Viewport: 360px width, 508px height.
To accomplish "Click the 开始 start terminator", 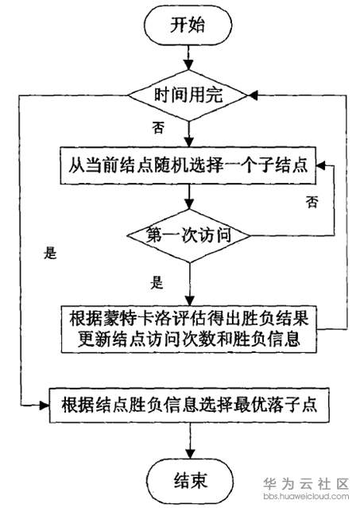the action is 188,25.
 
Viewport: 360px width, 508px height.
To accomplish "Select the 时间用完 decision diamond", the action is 188,95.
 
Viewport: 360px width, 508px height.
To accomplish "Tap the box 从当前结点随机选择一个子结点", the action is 188,165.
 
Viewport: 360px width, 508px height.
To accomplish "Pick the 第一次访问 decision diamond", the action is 189,235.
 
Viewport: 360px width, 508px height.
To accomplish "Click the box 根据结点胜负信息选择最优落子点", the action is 189,405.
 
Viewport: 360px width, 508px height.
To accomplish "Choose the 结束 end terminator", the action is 190,480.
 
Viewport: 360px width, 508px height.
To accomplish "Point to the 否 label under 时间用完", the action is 158,127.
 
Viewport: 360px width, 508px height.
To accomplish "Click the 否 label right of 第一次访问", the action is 312,201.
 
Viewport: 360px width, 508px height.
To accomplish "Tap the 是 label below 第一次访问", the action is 157,282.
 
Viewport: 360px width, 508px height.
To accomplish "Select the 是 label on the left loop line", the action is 50,253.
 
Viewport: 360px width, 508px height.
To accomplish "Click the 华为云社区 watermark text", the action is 306,483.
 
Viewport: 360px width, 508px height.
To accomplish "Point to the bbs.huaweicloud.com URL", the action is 306,496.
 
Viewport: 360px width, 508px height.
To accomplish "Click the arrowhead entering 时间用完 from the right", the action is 253,95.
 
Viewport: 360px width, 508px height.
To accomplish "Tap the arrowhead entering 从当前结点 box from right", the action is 320,165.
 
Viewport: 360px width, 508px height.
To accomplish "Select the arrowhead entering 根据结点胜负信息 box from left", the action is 45,405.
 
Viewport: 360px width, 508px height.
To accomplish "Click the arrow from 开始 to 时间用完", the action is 188,58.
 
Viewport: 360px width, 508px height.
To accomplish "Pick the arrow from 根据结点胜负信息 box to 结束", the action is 190,440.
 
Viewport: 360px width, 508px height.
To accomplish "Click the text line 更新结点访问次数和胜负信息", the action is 189,339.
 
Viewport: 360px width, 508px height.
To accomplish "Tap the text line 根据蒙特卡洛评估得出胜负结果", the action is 189,318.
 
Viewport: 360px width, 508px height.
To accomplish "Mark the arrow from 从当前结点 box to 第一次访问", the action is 189,197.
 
